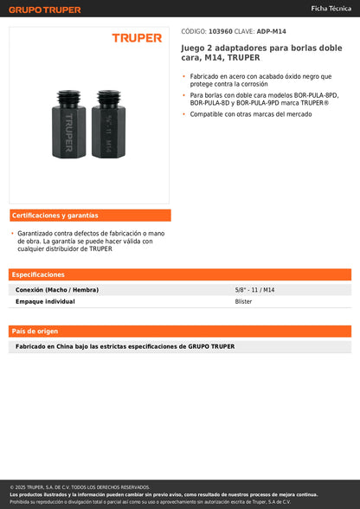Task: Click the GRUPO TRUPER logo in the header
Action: pyautogui.click(x=44, y=10)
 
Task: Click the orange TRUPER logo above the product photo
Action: pyautogui.click(x=137, y=38)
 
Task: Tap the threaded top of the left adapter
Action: pyautogui.click(x=68, y=95)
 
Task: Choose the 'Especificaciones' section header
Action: pyautogui.click(x=38, y=274)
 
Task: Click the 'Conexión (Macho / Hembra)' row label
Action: pyautogui.click(x=57, y=290)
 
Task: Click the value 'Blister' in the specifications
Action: pyautogui.click(x=244, y=302)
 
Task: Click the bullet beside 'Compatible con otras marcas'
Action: pyautogui.click(x=184, y=114)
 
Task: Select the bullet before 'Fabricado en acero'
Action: pyautogui.click(x=184, y=76)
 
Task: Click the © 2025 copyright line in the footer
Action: pyautogui.click(x=80, y=487)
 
